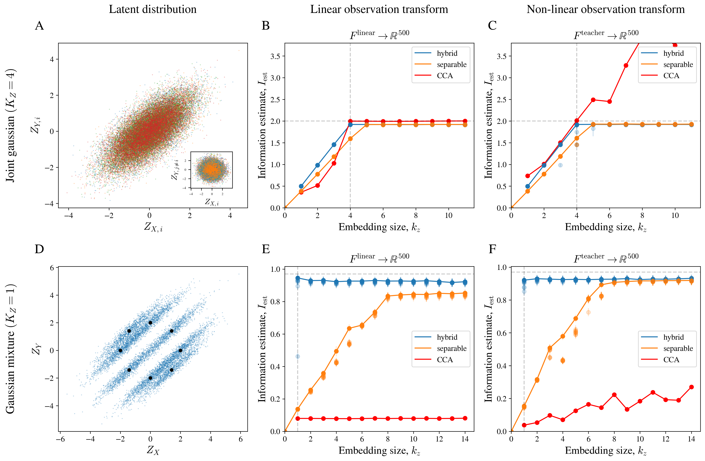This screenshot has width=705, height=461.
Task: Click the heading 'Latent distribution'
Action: [153, 9]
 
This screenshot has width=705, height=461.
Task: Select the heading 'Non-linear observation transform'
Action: [605, 9]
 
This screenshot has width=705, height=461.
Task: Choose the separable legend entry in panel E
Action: [451, 349]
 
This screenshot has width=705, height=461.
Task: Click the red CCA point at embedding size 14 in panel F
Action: [691, 387]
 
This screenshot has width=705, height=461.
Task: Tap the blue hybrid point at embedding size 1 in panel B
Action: [301, 186]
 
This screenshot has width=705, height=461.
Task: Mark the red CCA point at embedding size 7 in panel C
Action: [626, 65]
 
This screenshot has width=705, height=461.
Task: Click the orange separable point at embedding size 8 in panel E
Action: [388, 296]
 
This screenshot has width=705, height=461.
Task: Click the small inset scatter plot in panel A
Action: [211, 170]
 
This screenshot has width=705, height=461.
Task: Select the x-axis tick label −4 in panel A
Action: [69, 216]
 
